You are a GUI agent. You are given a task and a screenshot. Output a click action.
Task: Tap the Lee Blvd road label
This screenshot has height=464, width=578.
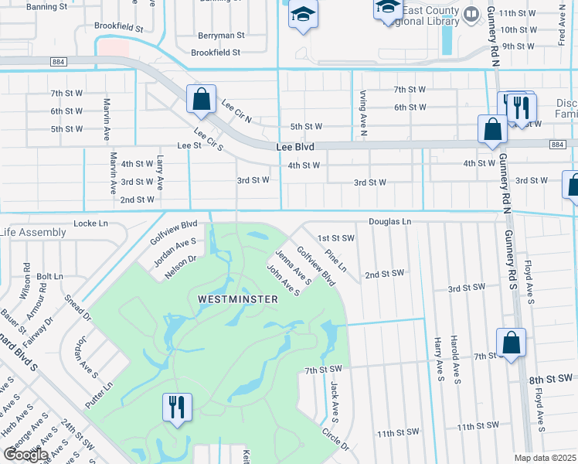click(298, 146)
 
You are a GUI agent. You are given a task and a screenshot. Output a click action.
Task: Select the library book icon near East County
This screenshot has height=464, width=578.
click(471, 14)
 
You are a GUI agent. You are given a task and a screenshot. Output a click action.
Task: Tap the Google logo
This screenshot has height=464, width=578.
click(25, 454)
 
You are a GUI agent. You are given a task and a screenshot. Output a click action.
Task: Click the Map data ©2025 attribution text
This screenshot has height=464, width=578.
click(546, 458)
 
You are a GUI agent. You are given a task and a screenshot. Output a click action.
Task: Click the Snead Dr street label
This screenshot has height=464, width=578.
click(79, 307)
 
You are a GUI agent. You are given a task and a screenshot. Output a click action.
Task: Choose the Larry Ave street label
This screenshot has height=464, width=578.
click(160, 172)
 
